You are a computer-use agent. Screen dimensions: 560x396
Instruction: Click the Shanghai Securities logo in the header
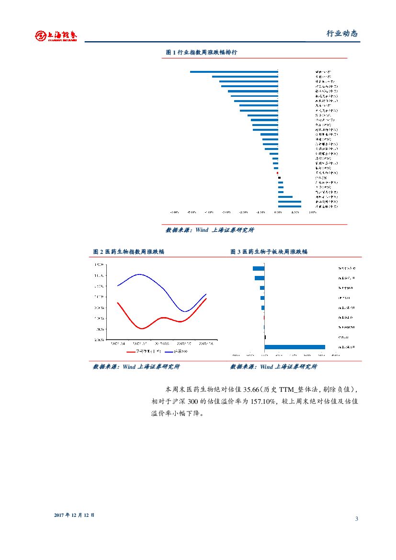[57, 35]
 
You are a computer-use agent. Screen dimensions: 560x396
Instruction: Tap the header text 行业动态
[342, 34]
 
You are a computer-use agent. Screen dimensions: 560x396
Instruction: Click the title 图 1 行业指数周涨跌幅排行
[201, 52]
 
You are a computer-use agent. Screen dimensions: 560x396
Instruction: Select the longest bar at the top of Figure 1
[234, 72]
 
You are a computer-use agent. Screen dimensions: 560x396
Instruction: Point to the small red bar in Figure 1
[277, 173]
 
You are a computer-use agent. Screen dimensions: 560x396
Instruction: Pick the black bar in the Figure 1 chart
[279, 178]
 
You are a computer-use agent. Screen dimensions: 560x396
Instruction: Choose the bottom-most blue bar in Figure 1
[289, 206]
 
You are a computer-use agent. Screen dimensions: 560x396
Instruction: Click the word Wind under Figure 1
[202, 230]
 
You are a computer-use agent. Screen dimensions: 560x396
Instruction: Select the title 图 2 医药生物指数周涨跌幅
[128, 251]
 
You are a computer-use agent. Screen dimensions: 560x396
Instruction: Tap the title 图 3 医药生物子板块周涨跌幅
[269, 251]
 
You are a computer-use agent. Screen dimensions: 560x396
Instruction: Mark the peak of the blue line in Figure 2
[139, 274]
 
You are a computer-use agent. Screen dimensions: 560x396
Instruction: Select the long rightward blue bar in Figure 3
[294, 347]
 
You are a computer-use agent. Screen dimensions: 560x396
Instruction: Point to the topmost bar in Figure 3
[259, 268]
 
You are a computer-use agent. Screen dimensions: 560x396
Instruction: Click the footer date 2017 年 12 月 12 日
[74, 515]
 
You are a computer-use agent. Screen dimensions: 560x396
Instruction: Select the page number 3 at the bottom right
[357, 519]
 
